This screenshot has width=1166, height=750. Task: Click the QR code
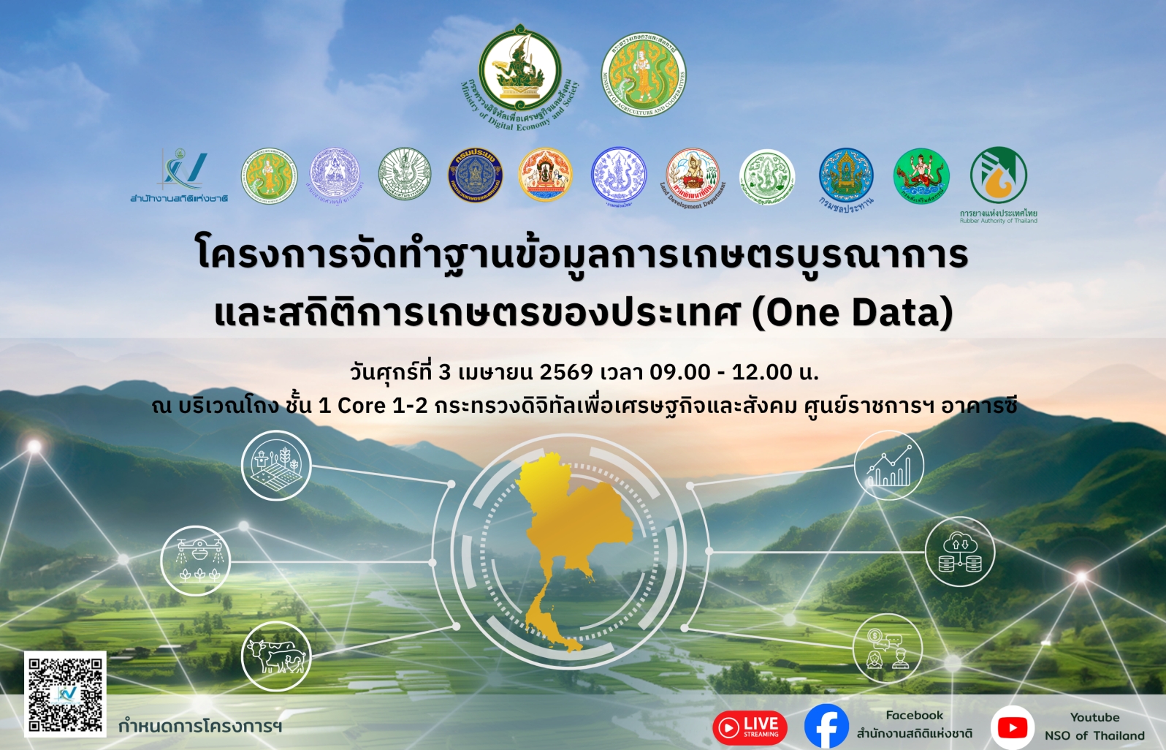(65, 694)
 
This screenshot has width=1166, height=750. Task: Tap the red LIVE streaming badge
(750, 727)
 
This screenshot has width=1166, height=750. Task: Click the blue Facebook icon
(826, 727)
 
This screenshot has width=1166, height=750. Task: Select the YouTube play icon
(1013, 727)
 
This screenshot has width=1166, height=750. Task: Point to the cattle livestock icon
(276, 656)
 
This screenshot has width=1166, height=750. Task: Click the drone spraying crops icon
(196, 561)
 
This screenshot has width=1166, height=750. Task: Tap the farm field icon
(276, 466)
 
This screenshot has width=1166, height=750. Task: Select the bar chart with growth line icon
(889, 466)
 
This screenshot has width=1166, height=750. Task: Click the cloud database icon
(960, 553)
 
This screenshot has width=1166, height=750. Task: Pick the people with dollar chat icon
(888, 648)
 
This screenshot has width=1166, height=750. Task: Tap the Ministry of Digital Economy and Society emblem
(520, 69)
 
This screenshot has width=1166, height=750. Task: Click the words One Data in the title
(853, 312)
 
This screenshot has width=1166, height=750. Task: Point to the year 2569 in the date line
(566, 372)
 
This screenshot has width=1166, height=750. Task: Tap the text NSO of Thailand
(1094, 735)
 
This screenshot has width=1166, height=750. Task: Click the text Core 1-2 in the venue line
(382, 405)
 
